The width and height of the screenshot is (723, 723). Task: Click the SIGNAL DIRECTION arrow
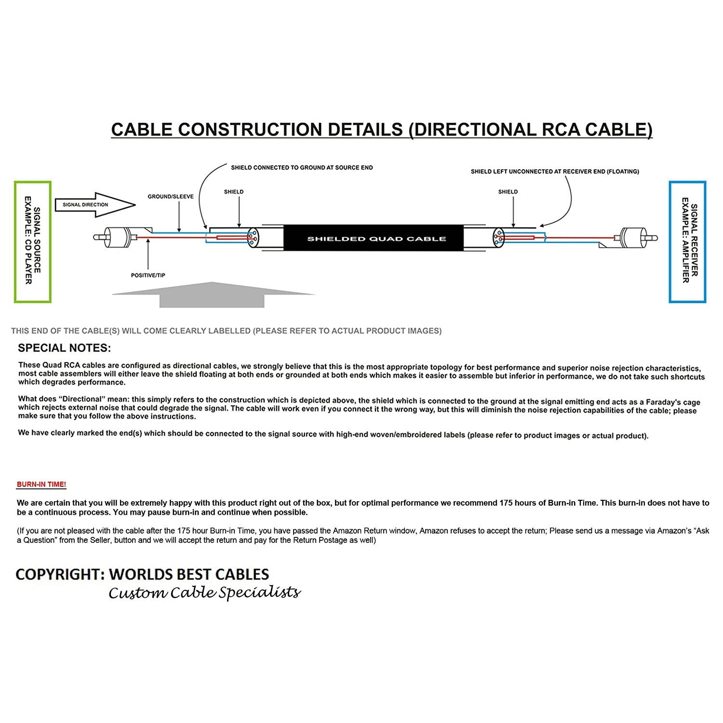94,205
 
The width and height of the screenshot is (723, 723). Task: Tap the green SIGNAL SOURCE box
32,241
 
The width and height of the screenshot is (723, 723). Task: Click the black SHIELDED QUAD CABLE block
376,239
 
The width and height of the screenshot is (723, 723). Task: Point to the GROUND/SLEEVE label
171,197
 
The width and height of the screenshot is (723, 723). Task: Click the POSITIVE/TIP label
148,275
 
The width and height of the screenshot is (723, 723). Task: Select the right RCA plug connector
636,237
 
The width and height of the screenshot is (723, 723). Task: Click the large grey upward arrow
212,294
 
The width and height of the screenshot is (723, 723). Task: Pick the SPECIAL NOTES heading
64,348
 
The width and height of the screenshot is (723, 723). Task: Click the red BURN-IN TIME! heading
41,484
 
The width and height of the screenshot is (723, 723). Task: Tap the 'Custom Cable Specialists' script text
204,592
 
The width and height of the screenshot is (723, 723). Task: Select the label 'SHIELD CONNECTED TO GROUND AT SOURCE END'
302,168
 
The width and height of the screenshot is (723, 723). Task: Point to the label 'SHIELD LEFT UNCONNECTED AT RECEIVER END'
555,172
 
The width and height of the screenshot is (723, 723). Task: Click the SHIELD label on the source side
234,192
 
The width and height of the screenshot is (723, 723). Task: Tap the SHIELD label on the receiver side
508,192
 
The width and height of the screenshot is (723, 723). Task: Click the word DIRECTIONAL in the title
472,130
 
